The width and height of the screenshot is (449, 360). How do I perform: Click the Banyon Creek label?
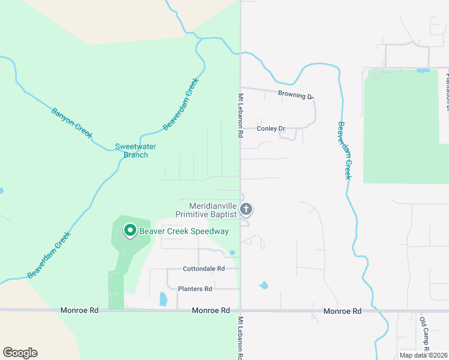coord(71,123)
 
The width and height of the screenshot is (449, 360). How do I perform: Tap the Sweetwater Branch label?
coord(131,151)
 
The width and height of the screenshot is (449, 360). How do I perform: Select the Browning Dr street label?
coord(295,94)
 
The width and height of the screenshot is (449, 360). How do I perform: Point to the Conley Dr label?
coord(270,128)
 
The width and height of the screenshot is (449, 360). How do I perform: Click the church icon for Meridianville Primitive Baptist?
coord(246,209)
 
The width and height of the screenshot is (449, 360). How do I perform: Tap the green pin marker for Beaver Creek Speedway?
coord(129,230)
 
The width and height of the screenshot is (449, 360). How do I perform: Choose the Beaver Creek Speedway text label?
coord(184,231)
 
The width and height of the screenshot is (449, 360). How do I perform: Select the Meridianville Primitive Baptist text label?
coord(206,209)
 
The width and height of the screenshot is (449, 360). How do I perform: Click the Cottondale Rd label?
coord(203,269)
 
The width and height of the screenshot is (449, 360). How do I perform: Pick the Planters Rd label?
coord(195,289)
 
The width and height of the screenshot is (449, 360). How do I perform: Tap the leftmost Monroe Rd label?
coord(79,311)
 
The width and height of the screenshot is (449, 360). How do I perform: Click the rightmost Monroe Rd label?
coord(342,311)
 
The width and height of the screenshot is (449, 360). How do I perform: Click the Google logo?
coord(20,353)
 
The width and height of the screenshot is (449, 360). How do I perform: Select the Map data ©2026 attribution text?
coord(423,355)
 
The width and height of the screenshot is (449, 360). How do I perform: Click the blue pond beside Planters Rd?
coord(163,298)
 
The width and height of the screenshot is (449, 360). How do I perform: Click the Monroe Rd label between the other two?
coord(211,311)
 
